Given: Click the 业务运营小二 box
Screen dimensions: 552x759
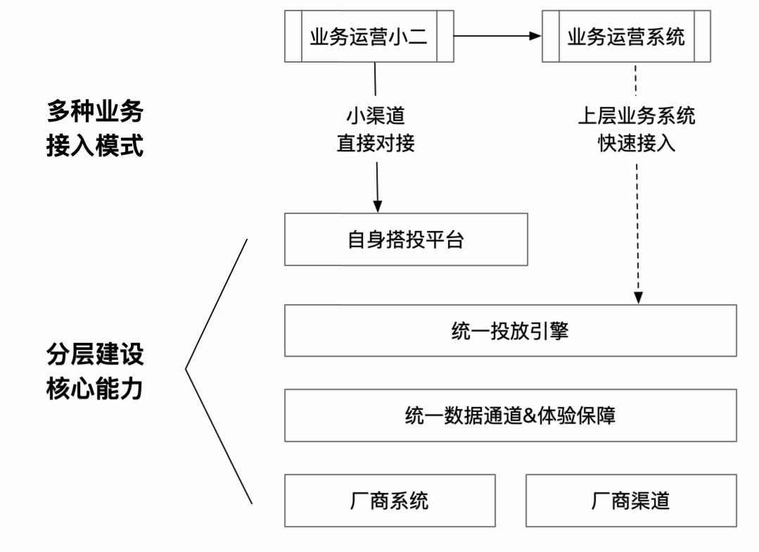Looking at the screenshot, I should [x=369, y=37].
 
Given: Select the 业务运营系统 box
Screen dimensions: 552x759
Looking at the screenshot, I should [x=625, y=37].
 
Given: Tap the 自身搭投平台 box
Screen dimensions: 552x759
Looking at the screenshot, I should [x=406, y=239].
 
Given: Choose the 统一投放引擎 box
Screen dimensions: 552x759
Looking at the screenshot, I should [x=510, y=330].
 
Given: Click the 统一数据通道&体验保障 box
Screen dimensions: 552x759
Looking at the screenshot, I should [x=510, y=415].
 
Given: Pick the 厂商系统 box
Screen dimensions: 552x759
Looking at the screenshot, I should [x=390, y=501].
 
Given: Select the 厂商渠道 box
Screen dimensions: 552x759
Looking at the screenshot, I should [x=631, y=501].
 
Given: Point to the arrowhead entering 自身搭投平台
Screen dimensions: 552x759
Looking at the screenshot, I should [x=378, y=206].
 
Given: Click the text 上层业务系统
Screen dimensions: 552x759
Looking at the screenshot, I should [x=637, y=115].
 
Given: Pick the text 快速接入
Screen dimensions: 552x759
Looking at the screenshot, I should [x=637, y=143].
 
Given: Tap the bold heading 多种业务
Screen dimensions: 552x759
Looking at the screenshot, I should [x=95, y=111].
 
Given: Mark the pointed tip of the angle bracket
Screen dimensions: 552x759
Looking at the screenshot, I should [x=186, y=368].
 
